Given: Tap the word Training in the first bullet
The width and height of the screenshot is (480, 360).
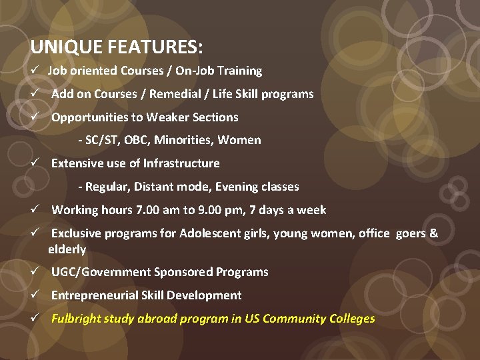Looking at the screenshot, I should [239, 71].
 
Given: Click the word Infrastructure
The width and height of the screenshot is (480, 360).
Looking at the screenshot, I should [181, 163].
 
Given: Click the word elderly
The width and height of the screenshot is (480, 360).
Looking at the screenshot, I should [67, 249].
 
